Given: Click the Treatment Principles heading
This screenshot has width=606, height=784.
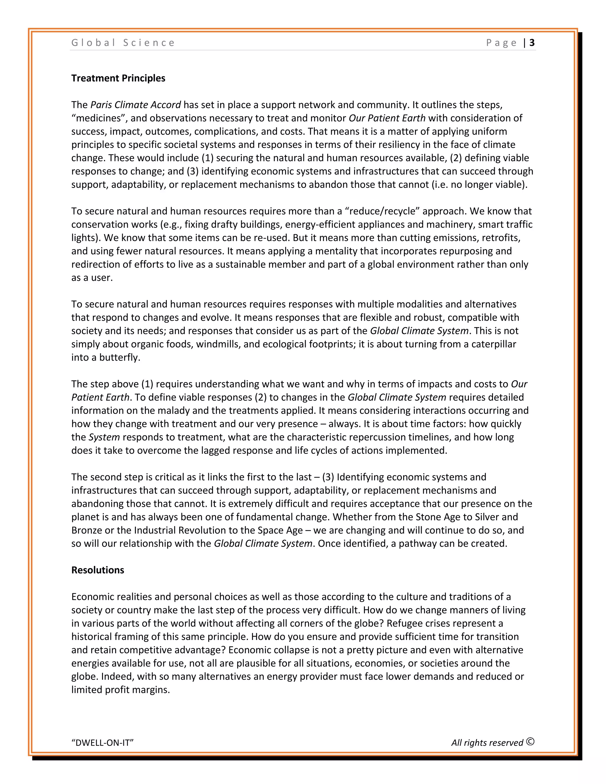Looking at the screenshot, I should click(118, 78).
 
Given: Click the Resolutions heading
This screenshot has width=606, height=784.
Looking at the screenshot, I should click(98, 570).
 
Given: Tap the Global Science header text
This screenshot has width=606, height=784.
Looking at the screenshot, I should click(123, 43).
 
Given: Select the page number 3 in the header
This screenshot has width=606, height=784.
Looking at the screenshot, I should click(532, 43).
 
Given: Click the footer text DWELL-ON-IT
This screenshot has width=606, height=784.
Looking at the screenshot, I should click(102, 743).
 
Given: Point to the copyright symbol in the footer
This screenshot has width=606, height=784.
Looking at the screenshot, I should click(531, 742).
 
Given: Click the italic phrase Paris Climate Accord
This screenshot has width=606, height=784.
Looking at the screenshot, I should click(136, 105).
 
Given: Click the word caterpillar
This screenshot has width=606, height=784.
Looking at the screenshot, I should click(494, 344).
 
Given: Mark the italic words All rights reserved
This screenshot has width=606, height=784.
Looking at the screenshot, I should click(487, 743).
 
